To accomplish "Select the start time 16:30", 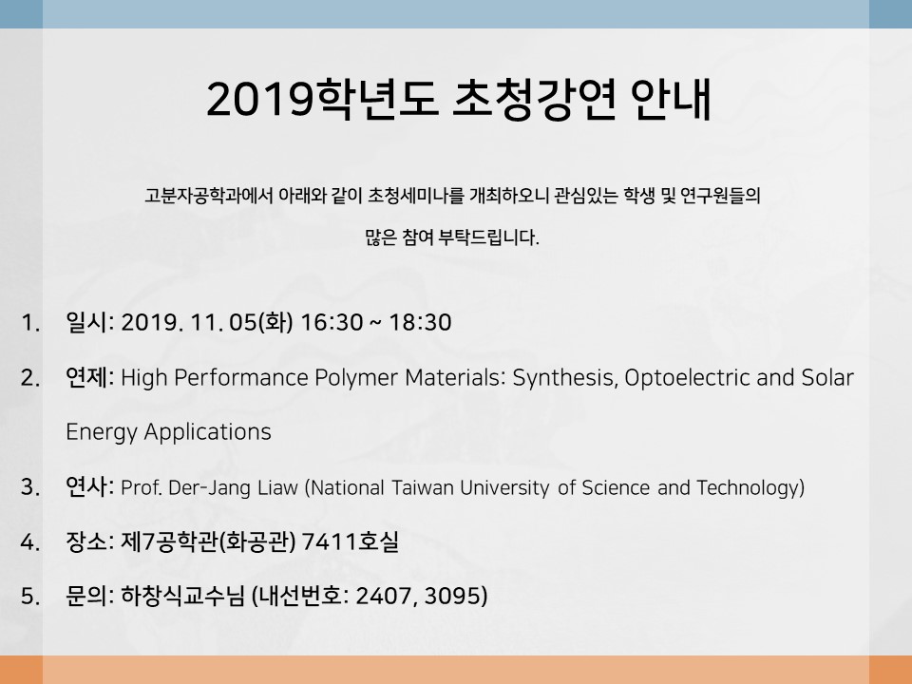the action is [x=332, y=322].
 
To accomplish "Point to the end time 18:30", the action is [x=420, y=322].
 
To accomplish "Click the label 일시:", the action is [x=90, y=322].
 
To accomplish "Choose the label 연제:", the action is [x=90, y=377].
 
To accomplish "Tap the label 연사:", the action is [x=90, y=486].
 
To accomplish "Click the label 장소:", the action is [x=90, y=541].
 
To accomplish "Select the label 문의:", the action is [x=90, y=596].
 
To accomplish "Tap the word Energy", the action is [x=102, y=433].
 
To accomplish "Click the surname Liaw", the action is [x=277, y=487].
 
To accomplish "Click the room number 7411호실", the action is [x=351, y=541].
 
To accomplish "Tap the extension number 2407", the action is [x=387, y=597].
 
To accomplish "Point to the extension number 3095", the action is [x=452, y=597].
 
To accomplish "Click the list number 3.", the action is [x=30, y=487].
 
